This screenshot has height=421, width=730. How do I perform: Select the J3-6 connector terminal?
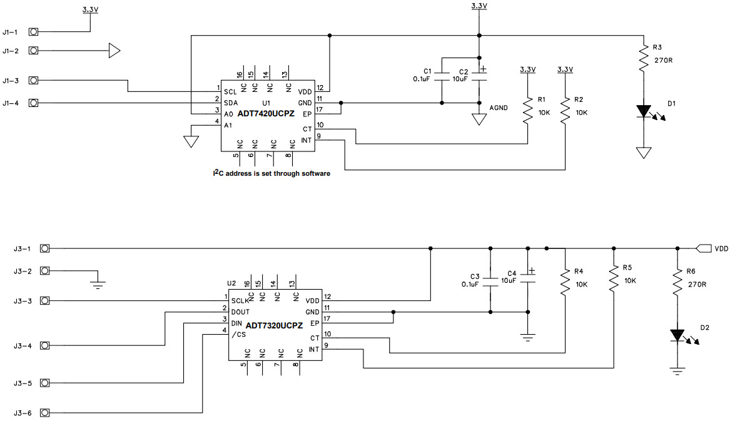[x=44, y=413]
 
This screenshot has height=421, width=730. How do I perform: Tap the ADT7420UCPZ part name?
[x=266, y=113]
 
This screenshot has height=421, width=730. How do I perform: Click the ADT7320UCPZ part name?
[x=274, y=325]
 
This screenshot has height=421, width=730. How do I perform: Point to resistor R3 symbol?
[x=644, y=59]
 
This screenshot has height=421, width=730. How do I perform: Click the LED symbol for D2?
[x=677, y=335]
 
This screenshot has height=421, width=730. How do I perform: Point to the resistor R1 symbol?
[x=528, y=110]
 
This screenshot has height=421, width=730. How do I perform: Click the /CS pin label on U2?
[x=238, y=335]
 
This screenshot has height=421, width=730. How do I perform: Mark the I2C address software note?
[x=271, y=173]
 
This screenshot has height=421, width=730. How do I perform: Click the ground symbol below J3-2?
[x=98, y=285]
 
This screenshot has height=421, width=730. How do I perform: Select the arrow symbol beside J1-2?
[x=114, y=51]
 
